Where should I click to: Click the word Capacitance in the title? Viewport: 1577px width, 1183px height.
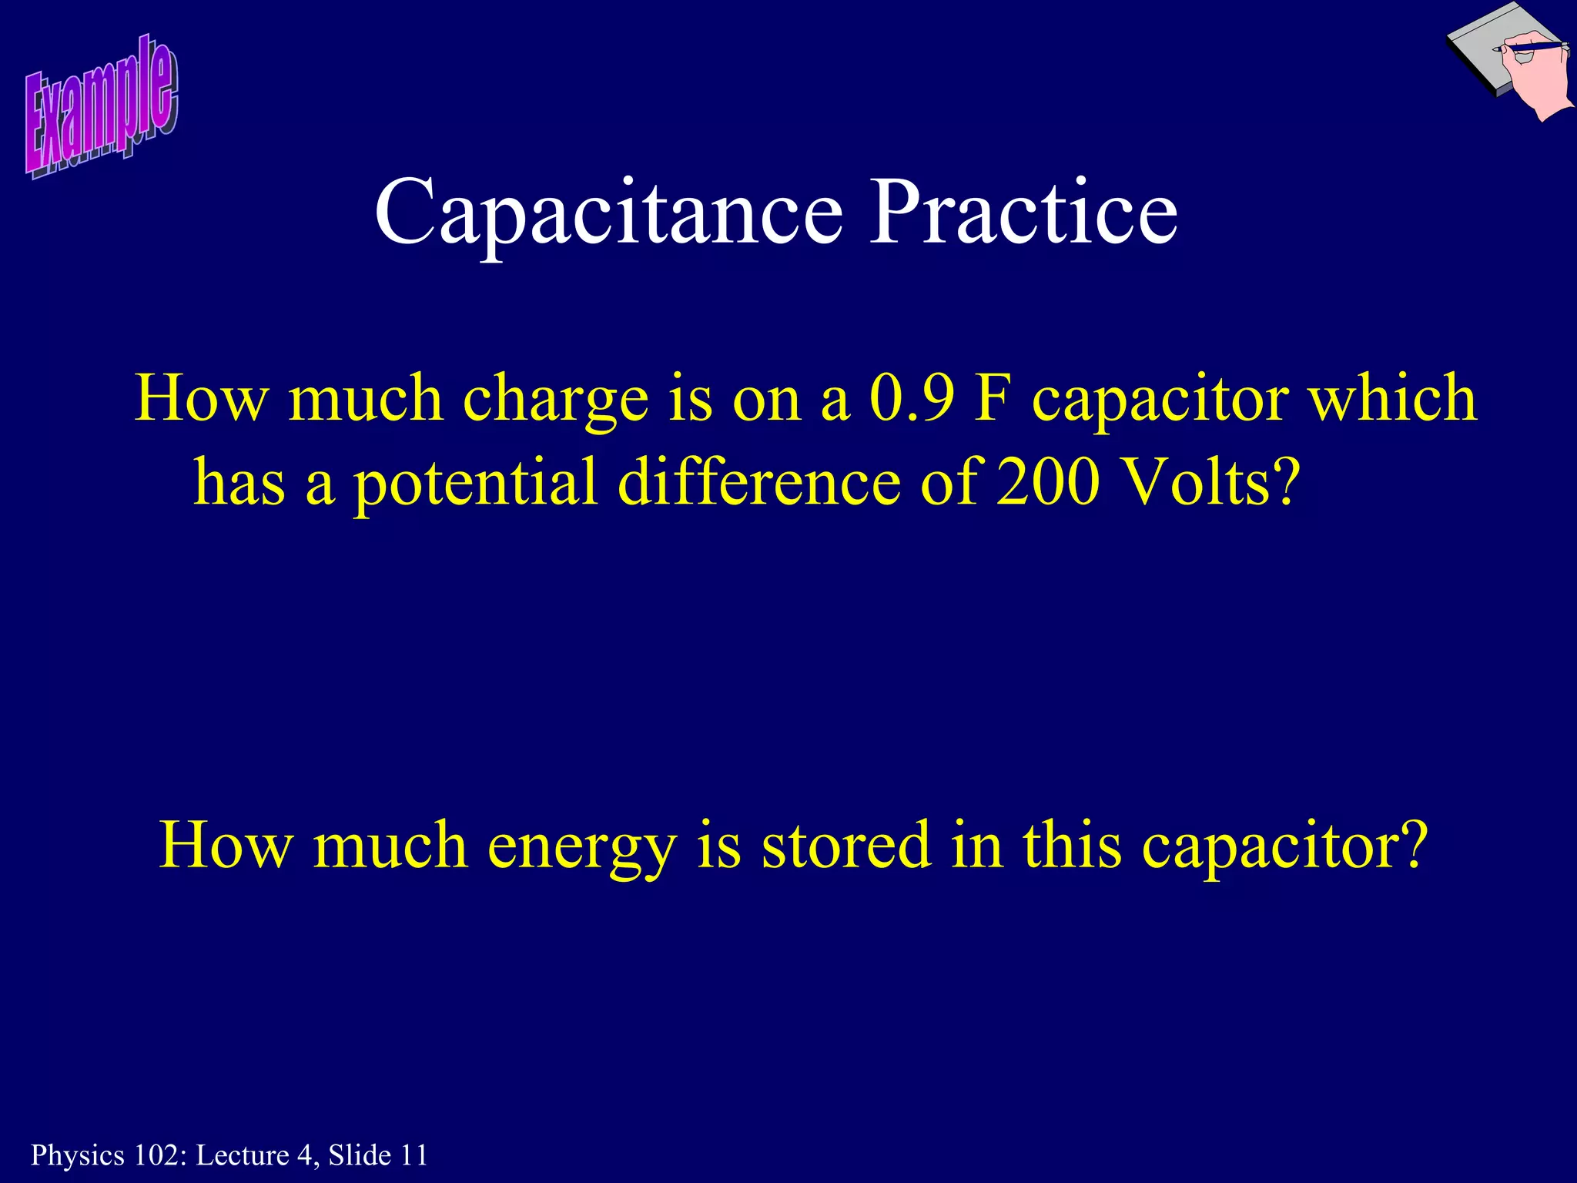pos(608,212)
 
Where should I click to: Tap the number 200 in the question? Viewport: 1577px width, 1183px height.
pos(1047,482)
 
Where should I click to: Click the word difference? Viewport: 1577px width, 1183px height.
pos(759,482)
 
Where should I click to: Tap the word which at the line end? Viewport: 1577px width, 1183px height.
pos(1394,398)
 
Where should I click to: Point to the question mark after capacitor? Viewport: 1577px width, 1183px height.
pos(1414,845)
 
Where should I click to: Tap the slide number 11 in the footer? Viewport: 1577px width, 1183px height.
pos(414,1155)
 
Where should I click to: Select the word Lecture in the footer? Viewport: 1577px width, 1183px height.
pos(243,1155)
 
